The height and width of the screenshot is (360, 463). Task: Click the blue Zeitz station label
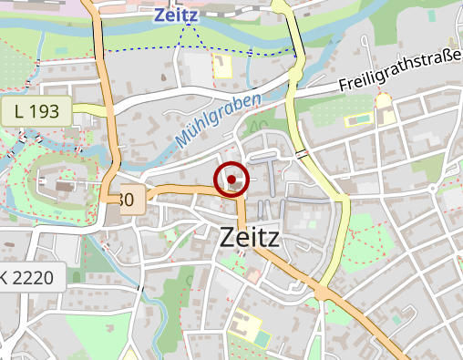click(177, 15)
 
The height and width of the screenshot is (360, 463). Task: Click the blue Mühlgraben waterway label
click(218, 121)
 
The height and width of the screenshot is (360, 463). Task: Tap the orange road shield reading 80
click(129, 200)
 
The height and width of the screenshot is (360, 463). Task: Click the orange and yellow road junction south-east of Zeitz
click(322, 293)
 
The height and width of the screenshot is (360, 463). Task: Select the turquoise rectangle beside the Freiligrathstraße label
click(357, 118)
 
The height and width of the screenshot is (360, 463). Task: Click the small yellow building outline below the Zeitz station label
click(222, 65)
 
